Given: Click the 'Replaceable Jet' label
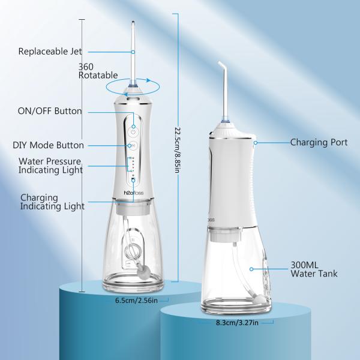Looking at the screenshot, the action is (50, 51).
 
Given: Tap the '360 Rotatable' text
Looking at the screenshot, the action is (98, 71).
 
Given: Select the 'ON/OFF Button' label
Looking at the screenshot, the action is (50, 111).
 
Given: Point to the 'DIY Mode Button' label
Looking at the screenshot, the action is (48, 145).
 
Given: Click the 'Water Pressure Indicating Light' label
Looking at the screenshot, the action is (50, 166).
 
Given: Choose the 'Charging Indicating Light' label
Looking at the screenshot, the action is (52, 202).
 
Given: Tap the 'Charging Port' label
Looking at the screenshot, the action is (319, 142).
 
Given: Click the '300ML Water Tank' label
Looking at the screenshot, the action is (314, 269).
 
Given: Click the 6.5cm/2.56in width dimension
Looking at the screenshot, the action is (136, 301).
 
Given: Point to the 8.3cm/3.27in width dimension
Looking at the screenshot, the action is (237, 323).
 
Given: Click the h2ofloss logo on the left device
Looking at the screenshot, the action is (134, 193).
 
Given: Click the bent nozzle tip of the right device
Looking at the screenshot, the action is (220, 63).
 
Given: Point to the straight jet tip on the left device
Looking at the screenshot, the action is (133, 23).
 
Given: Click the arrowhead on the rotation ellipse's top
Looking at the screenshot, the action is (149, 80).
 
